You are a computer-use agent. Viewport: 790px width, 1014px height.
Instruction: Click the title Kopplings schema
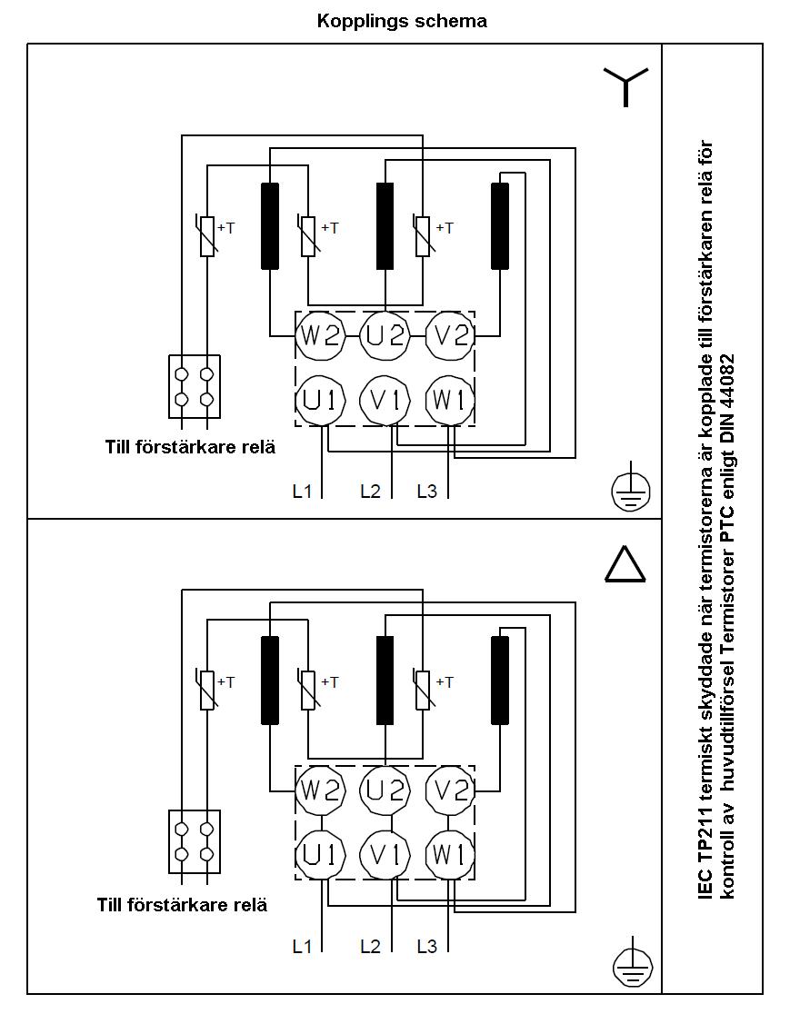[x=402, y=21]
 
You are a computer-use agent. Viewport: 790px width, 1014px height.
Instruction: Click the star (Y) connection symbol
[x=625, y=86]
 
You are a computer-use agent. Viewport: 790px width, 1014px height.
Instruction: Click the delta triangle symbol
[x=625, y=564]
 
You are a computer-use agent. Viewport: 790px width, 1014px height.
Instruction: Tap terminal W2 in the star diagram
[x=320, y=336]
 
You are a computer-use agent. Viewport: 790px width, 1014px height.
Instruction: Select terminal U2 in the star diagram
[x=385, y=336]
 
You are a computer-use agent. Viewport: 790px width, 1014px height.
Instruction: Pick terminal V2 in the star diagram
[x=451, y=336]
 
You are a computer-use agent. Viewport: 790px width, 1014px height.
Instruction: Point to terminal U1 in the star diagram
[x=320, y=400]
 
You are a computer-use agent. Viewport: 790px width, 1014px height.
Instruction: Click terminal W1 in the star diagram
[x=451, y=400]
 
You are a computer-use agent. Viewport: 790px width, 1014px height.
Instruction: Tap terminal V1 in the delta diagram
[x=385, y=854]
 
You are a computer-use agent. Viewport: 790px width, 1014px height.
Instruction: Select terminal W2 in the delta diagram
[x=320, y=790]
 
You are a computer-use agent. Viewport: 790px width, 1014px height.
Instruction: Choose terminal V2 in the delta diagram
[x=451, y=790]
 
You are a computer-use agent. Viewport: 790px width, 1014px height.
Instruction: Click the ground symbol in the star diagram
[x=630, y=491]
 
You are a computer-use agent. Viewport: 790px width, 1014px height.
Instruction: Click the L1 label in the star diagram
[x=302, y=492]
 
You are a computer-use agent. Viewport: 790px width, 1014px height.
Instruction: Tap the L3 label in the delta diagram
[x=426, y=946]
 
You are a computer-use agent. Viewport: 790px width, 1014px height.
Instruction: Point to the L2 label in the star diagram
[x=370, y=492]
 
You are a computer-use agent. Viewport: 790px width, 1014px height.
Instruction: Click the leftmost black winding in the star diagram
[x=270, y=226]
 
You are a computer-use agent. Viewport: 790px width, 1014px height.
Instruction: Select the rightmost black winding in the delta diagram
[x=500, y=680]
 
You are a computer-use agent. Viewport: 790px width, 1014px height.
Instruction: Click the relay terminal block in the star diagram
[x=195, y=386]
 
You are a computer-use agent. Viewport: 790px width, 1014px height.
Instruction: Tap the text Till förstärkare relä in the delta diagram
[x=182, y=905]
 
